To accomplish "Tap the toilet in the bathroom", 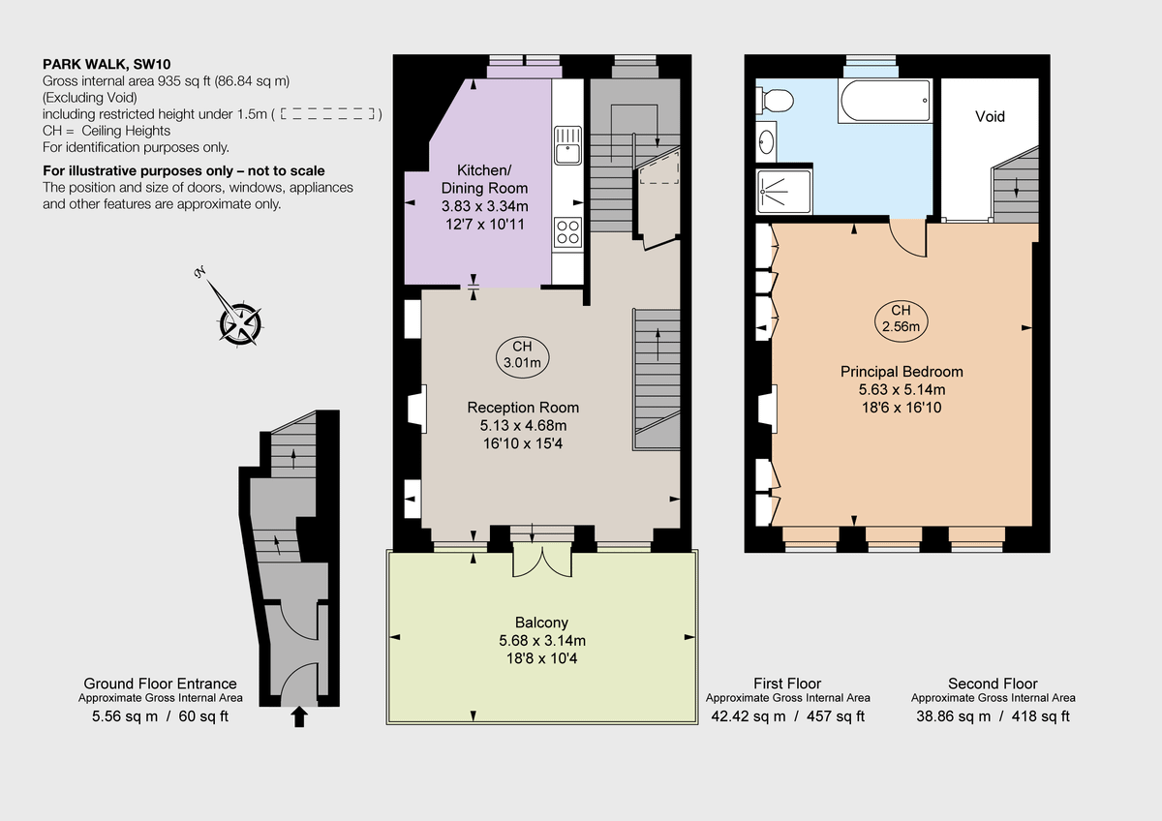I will coord(776,100).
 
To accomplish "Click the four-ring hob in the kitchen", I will coord(566,232).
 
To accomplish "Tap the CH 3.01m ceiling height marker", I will coord(522,355).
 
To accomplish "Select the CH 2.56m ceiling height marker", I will coord(901,319).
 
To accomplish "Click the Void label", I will coord(990,117).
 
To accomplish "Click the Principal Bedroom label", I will coord(901,372).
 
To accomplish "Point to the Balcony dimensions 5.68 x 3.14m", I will coord(541,640).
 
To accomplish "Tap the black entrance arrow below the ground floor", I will coord(299,716).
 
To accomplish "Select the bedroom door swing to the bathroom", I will coord(908,238).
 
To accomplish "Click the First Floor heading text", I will coord(786,684).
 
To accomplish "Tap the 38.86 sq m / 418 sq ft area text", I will coord(993,716).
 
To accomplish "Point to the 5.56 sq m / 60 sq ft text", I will coord(160,716).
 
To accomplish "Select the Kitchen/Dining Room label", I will coord(484,179).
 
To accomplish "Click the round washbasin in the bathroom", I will coord(767,143).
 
